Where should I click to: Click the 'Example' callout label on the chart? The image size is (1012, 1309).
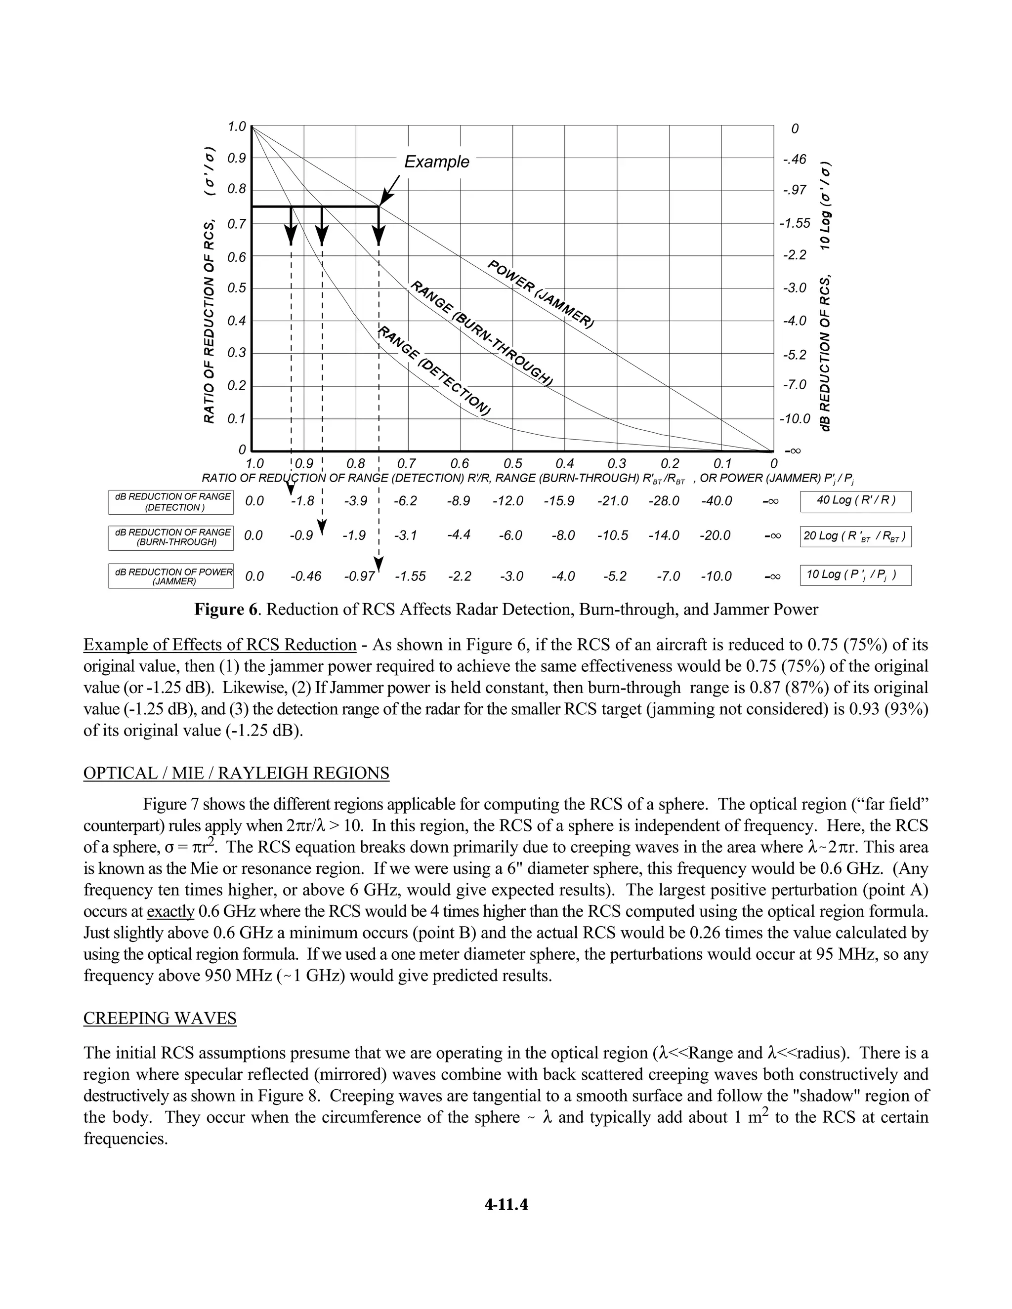(x=436, y=162)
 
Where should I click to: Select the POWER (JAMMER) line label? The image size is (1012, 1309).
(x=540, y=294)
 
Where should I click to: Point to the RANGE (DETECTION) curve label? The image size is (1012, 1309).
(x=435, y=371)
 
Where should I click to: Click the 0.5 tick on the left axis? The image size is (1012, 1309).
(x=237, y=288)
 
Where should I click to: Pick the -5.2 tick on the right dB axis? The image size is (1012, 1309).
(x=795, y=355)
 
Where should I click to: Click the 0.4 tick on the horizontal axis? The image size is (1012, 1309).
(x=565, y=464)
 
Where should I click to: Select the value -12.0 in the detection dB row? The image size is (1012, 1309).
(x=508, y=501)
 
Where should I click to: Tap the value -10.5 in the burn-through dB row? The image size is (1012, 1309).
(x=612, y=536)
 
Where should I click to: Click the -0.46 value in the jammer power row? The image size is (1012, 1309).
(x=306, y=576)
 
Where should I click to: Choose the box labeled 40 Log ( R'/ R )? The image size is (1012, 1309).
(x=855, y=501)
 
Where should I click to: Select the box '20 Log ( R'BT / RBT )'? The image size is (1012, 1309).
(x=855, y=536)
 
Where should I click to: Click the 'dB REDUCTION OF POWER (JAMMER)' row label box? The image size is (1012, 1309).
(x=171, y=576)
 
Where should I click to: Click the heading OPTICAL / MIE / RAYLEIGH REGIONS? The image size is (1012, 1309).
(x=236, y=773)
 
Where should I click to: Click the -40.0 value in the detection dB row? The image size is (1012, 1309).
(x=717, y=501)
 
